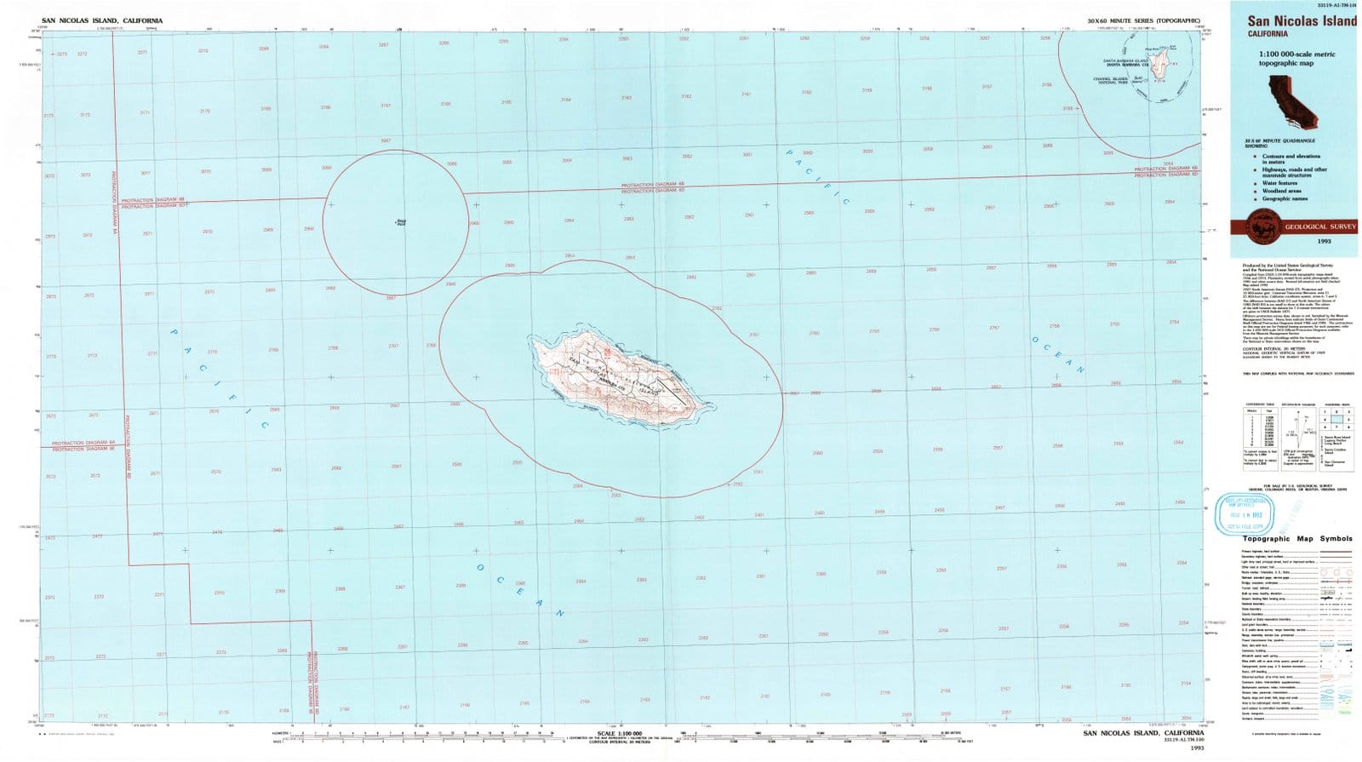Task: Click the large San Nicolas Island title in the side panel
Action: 1302,20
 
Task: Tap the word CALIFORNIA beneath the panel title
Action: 1268,34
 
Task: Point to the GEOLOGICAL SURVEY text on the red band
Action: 1319,227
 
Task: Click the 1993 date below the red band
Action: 1324,241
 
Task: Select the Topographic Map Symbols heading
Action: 1296,539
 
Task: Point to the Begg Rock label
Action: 401,223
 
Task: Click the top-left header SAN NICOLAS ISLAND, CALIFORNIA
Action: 102,20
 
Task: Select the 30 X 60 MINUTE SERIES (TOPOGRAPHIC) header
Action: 1143,20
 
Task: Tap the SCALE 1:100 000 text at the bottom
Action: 619,733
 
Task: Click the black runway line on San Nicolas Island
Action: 672,392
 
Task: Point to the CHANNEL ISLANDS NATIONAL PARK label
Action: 1110,80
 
